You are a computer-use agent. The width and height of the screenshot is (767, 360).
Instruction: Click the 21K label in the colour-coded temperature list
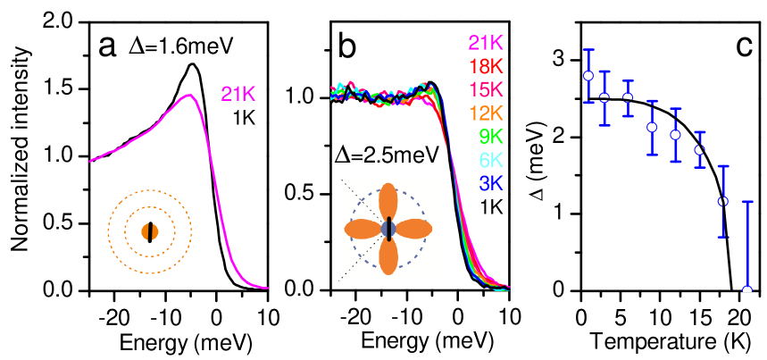pos(486,42)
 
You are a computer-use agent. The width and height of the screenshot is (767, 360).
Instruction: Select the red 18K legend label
pos(486,66)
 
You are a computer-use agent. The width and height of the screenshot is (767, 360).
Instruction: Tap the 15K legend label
pos(486,89)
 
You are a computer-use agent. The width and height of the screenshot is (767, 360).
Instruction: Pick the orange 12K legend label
pos(486,113)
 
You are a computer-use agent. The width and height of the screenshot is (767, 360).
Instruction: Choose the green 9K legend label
pos(491,137)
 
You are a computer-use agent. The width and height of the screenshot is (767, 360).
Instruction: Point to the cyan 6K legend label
pos(491,160)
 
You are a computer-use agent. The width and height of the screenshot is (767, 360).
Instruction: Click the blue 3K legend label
pos(491,183)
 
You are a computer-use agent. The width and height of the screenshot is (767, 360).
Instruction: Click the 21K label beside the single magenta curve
pos(238,94)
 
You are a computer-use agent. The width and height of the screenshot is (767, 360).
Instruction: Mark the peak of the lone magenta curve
pos(188,95)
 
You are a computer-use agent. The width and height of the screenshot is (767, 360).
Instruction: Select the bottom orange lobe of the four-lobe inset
pos(388,257)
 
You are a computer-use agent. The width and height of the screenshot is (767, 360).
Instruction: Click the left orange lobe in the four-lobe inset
pos(363,229)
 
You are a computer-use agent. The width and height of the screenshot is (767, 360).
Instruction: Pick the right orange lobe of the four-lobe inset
pos(413,229)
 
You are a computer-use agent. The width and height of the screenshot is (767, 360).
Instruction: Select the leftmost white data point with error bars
pos(588,76)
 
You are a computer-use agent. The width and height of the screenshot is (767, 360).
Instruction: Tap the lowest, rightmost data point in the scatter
pos(747,289)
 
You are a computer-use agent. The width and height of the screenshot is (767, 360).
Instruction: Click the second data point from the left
pos(604,97)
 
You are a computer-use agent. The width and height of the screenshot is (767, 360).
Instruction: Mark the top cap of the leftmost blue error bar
pos(588,50)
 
